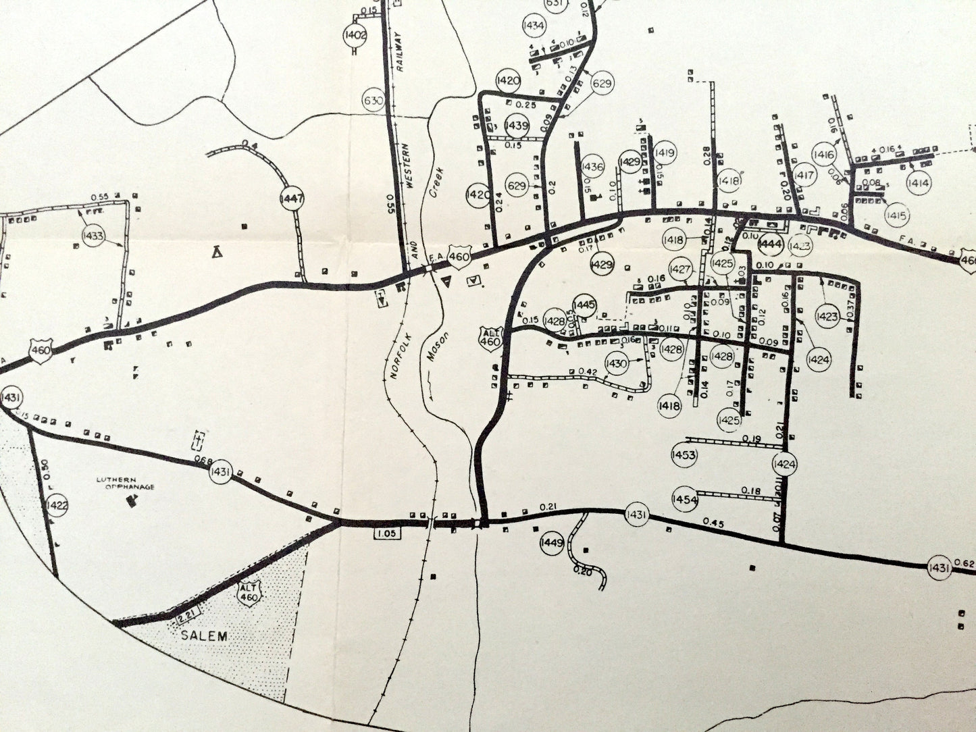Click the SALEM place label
click(x=204, y=635)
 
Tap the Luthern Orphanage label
click(x=125, y=483)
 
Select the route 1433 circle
click(x=93, y=235)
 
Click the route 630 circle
click(x=374, y=101)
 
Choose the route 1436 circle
click(x=592, y=167)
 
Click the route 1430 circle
click(x=617, y=363)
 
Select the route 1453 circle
click(x=684, y=454)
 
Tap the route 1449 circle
click(x=552, y=543)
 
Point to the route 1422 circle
click(x=57, y=505)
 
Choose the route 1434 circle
click(x=534, y=26)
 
